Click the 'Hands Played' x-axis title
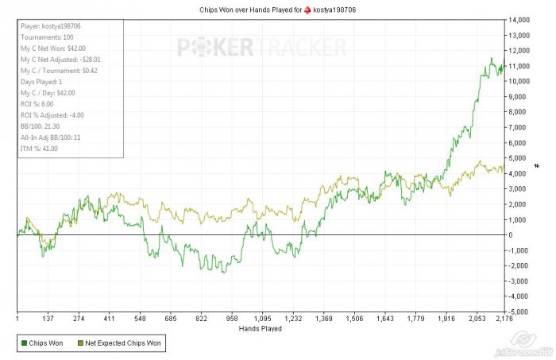261,327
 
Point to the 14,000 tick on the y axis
520,19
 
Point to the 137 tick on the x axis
47,318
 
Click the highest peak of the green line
492,58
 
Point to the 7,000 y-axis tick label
519,127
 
